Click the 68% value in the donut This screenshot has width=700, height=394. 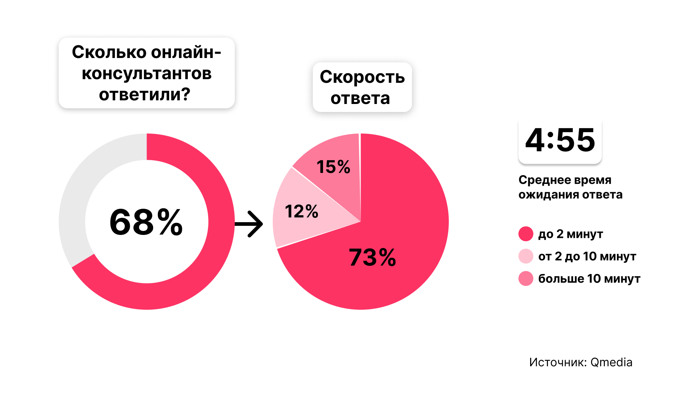pos(146,222)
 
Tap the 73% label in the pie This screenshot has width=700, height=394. pos(372,257)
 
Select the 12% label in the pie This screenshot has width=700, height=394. pos(302,212)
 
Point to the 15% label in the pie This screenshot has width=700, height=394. pos(333,167)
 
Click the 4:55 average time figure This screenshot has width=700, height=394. pos(560,140)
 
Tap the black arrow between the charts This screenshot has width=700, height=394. pos(249,224)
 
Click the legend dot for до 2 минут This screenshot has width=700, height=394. pos(526,234)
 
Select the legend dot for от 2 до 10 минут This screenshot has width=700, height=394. pos(526,256)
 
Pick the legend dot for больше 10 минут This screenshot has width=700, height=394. pos(526,279)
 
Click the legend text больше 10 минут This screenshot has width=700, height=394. pos(589,279)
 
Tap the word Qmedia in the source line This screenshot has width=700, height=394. pos(611,362)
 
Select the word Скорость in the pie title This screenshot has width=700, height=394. pos(362,77)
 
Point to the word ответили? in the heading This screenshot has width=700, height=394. pos(145,94)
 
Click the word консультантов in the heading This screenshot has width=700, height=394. pos(147,73)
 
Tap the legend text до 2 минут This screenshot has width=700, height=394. pos(571,234)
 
